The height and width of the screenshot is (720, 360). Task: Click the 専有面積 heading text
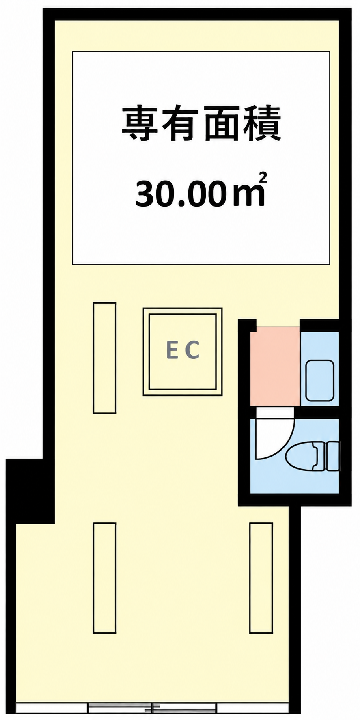point(201,124)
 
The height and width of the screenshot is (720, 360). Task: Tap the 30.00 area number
point(180,194)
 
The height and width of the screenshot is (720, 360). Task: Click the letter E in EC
point(172,350)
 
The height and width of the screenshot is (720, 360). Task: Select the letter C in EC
point(192,350)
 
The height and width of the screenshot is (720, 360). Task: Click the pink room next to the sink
point(275,366)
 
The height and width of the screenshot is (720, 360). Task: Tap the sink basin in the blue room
point(319,380)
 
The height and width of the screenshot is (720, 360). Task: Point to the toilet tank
point(332,457)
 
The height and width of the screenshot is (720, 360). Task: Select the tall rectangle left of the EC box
point(105,358)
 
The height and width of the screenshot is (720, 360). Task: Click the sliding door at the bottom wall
point(152,707)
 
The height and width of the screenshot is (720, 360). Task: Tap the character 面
point(222,124)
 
